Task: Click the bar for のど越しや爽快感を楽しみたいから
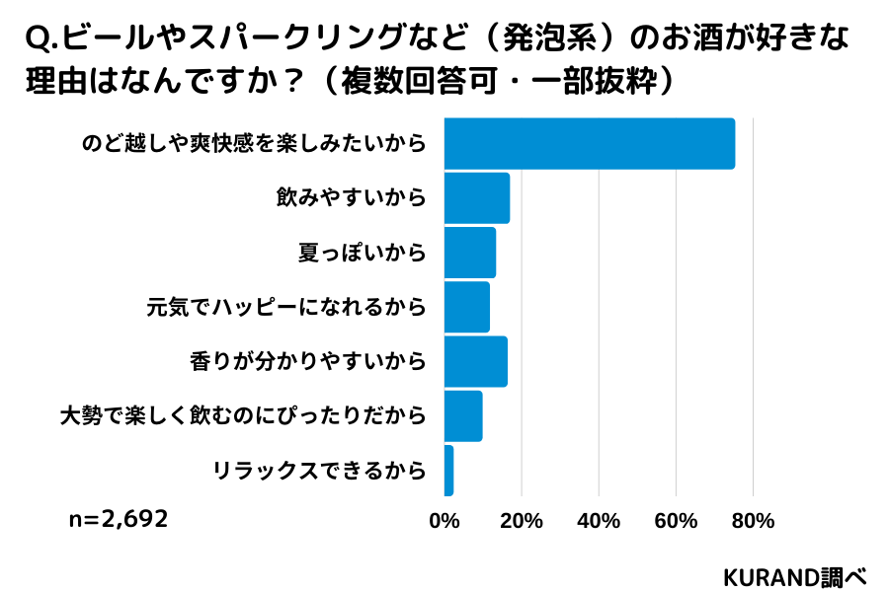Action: (x=589, y=143)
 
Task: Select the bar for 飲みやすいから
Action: (x=477, y=198)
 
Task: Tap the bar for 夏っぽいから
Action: (x=470, y=253)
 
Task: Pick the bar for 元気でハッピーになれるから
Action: (x=467, y=307)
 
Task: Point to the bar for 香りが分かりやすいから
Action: (x=476, y=361)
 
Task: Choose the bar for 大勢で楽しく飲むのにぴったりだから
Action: (x=463, y=415)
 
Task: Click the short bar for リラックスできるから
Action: (x=449, y=471)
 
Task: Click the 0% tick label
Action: (x=445, y=521)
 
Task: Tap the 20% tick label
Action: (x=523, y=521)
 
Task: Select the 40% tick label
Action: (x=599, y=521)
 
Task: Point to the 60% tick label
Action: (x=676, y=521)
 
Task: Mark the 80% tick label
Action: (x=753, y=521)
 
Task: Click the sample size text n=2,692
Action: (x=119, y=519)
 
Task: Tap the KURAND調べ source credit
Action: (x=794, y=575)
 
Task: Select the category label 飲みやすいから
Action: (x=351, y=198)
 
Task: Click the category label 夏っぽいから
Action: (x=362, y=253)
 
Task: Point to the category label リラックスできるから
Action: (x=319, y=471)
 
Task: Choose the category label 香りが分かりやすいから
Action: (x=307, y=361)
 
